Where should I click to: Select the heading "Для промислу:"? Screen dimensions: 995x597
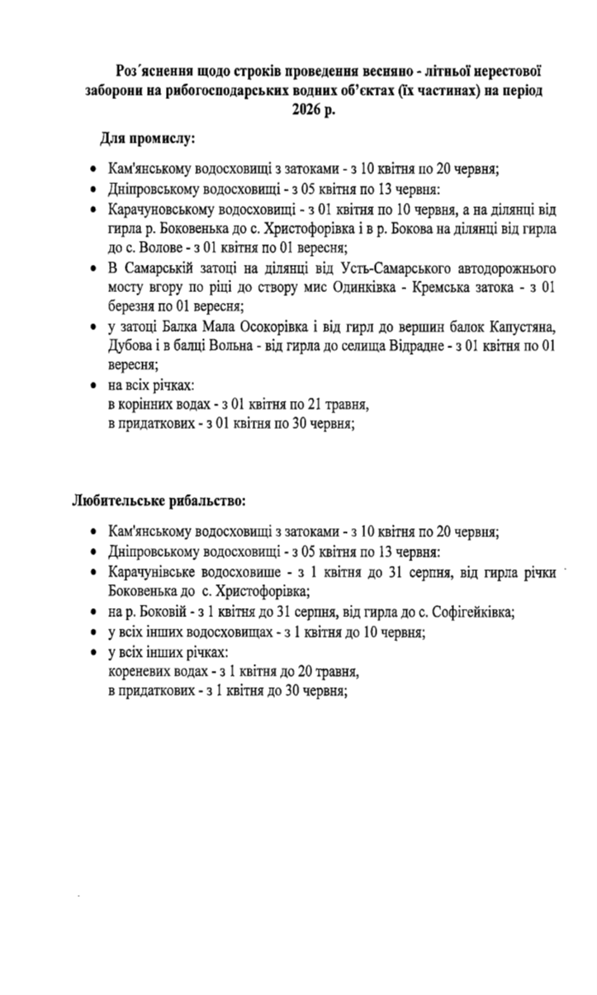click(148, 137)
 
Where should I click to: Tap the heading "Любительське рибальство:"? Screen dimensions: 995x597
click(159, 500)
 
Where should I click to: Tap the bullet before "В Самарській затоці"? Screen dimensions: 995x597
click(92, 270)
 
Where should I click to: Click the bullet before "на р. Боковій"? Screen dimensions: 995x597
click(92, 612)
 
